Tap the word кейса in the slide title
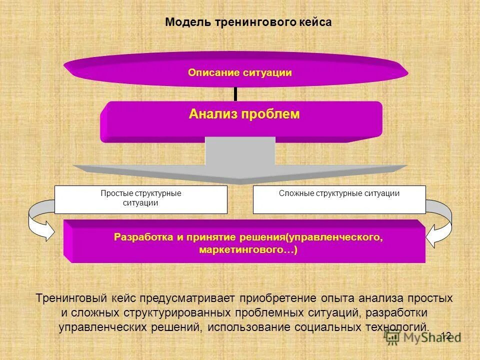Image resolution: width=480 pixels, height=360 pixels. tap(314, 22)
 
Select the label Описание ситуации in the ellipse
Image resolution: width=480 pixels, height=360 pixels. tap(240, 73)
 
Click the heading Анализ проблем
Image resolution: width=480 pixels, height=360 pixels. tap(244, 114)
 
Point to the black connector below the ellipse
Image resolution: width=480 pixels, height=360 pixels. tap(234, 93)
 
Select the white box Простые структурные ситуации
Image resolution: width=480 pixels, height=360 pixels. tap(140, 199)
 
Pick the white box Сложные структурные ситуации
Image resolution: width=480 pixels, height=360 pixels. tap(339, 199)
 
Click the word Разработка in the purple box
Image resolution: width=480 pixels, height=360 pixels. tap(143, 236)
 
